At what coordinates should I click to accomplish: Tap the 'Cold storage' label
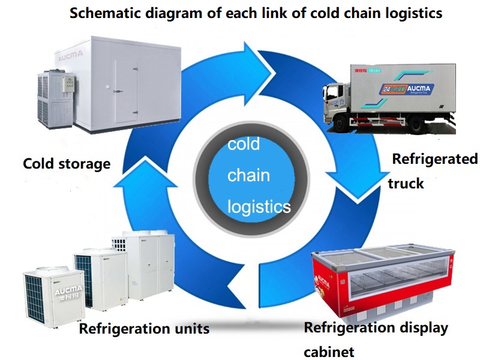point(67,163)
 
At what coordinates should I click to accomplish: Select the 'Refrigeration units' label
point(144,328)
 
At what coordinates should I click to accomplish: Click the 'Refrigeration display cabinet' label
point(376,328)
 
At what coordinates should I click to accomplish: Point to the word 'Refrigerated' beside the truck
point(434,159)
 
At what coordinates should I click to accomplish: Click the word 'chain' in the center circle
point(248,176)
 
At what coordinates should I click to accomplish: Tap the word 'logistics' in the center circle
point(259,206)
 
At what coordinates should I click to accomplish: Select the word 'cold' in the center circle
point(243,145)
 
